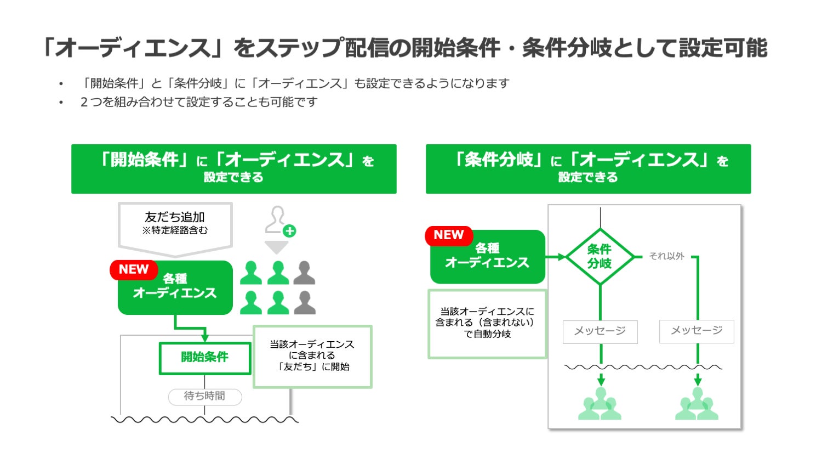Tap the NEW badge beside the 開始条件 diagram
[x=134, y=269]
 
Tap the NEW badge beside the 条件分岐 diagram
[x=448, y=235]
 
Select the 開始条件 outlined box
[x=204, y=358]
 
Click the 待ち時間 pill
[x=204, y=396]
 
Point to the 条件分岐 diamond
[x=600, y=256]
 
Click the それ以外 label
[x=666, y=256]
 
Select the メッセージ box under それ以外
[x=697, y=331]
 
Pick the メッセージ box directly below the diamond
[x=600, y=331]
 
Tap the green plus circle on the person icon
[x=289, y=231]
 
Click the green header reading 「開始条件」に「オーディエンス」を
[x=234, y=168]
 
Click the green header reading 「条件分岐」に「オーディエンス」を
[x=588, y=168]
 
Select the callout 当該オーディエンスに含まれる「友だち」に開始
[x=312, y=356]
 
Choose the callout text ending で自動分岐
[x=487, y=323]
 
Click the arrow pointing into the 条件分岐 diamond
[x=559, y=256]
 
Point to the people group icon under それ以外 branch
[x=697, y=404]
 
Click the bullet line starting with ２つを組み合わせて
[x=198, y=102]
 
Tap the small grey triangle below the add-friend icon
[x=277, y=247]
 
